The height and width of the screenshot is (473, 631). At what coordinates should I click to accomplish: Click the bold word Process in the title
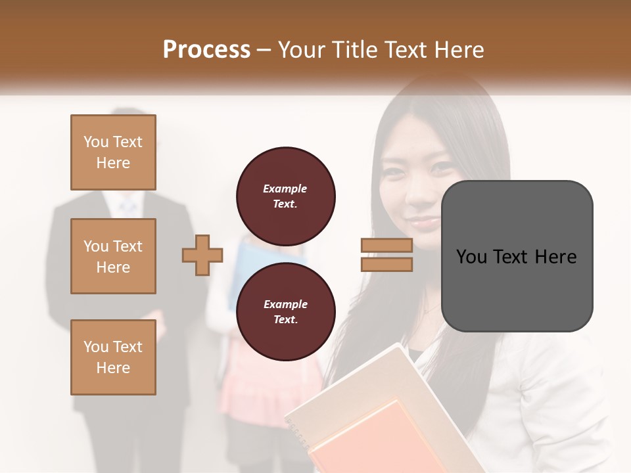coord(206,49)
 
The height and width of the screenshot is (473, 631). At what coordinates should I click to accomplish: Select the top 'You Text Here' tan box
coord(113,152)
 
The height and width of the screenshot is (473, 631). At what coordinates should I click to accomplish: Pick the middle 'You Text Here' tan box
coord(113,256)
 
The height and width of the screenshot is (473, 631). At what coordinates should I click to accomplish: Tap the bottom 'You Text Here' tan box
coord(113,357)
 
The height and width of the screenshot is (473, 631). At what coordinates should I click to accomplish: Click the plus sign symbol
coord(202,255)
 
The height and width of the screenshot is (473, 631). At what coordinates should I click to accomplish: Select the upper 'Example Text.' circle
coord(286,196)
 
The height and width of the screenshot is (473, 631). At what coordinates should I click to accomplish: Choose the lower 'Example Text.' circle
coord(286,311)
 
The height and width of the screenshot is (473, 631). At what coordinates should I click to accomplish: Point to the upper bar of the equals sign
coord(386,246)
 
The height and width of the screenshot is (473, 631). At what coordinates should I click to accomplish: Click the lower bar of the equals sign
coord(386,264)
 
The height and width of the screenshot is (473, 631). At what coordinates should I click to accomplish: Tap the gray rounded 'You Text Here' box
coord(517,256)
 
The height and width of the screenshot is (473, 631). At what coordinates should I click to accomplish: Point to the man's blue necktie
coord(128,206)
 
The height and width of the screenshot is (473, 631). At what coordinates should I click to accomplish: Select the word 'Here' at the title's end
coord(459,49)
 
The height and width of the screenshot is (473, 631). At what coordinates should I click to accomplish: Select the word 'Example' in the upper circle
coord(285,189)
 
